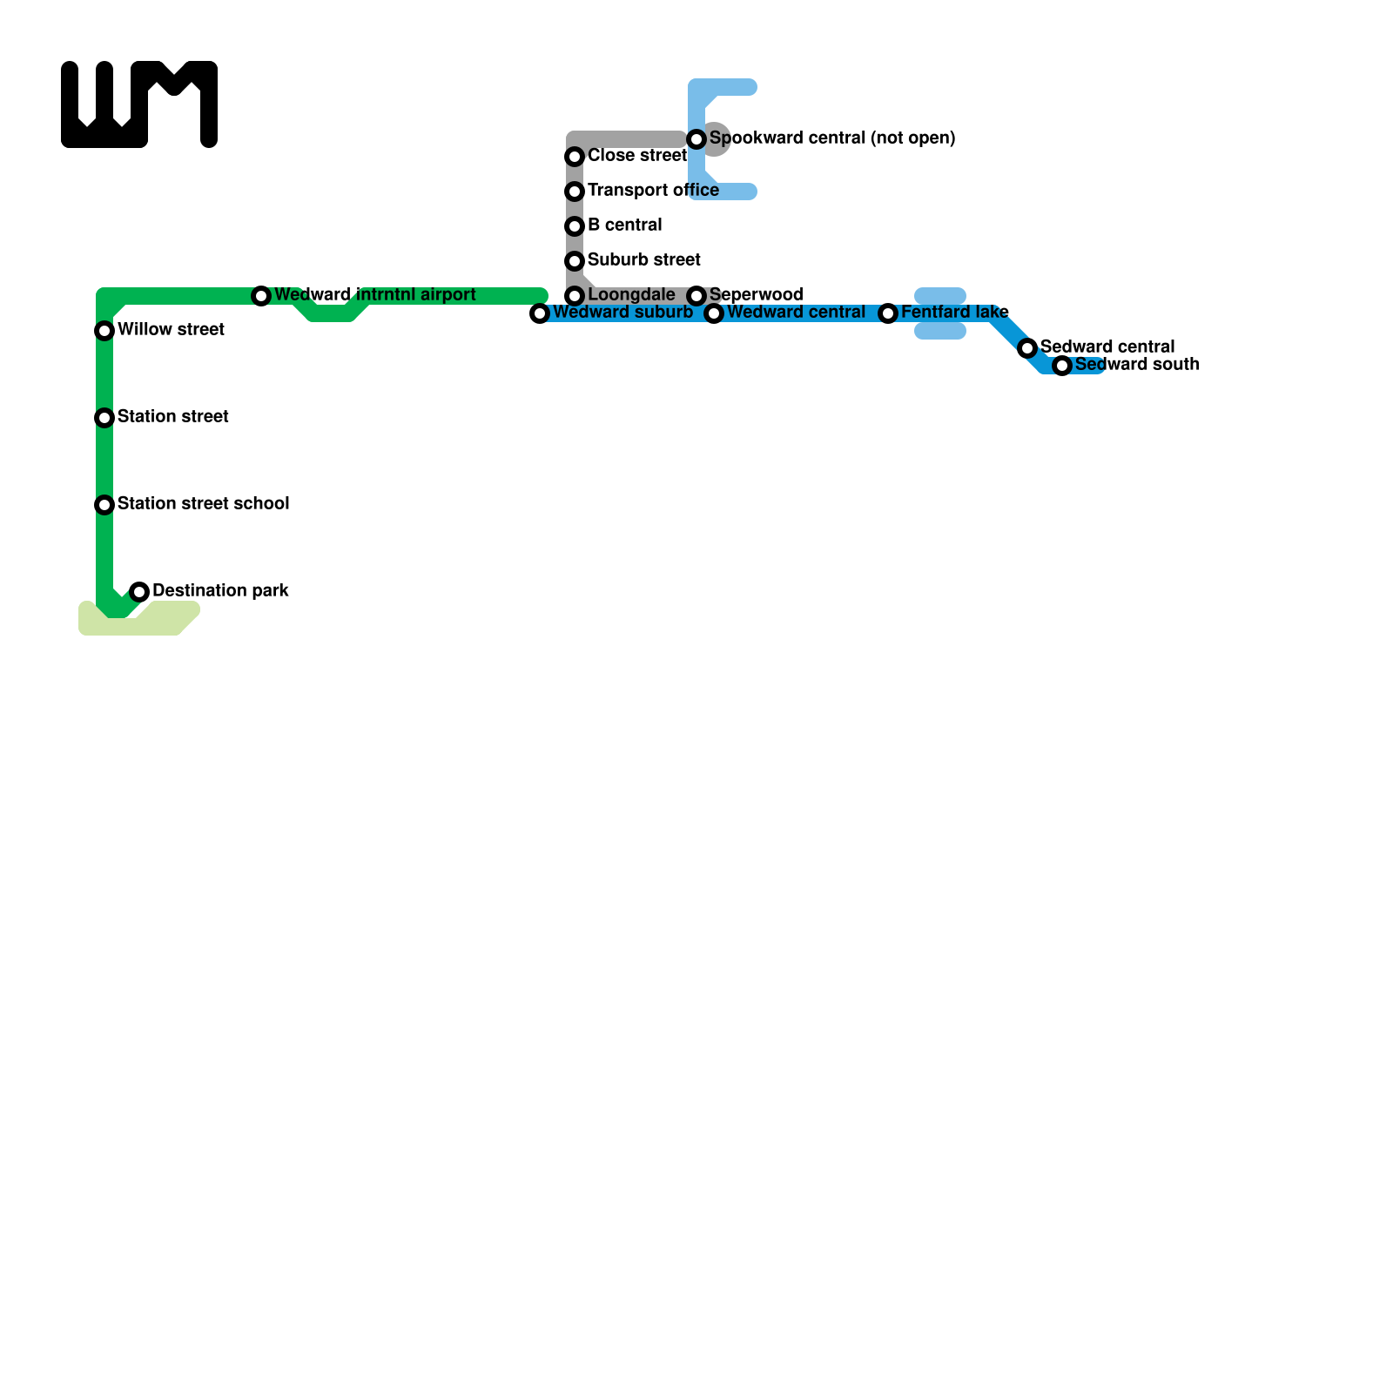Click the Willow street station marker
pyautogui.click(x=104, y=331)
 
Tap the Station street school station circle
pyautogui.click(x=104, y=505)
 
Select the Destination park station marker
pyautogui.click(x=139, y=592)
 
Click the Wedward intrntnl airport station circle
pyautogui.click(x=261, y=296)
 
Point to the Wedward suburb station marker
pyautogui.click(x=540, y=313)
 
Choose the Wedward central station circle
pyautogui.click(x=714, y=313)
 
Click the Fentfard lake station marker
pyautogui.click(x=888, y=313)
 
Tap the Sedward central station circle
pyautogui.click(x=1027, y=348)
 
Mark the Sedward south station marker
pyautogui.click(x=1062, y=366)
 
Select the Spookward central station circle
pyautogui.click(x=696, y=139)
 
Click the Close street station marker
pyautogui.click(x=575, y=157)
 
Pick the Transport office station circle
pyautogui.click(x=575, y=192)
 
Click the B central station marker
pyautogui.click(x=575, y=226)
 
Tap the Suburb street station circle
pyautogui.click(x=575, y=261)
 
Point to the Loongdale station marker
pyautogui.click(x=575, y=296)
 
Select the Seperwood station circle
pyautogui.click(x=696, y=296)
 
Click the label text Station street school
pyautogui.click(x=203, y=504)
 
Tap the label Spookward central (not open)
pyautogui.click(x=832, y=138)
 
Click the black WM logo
pyautogui.click(x=139, y=104)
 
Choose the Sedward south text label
pyautogui.click(x=1137, y=365)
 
